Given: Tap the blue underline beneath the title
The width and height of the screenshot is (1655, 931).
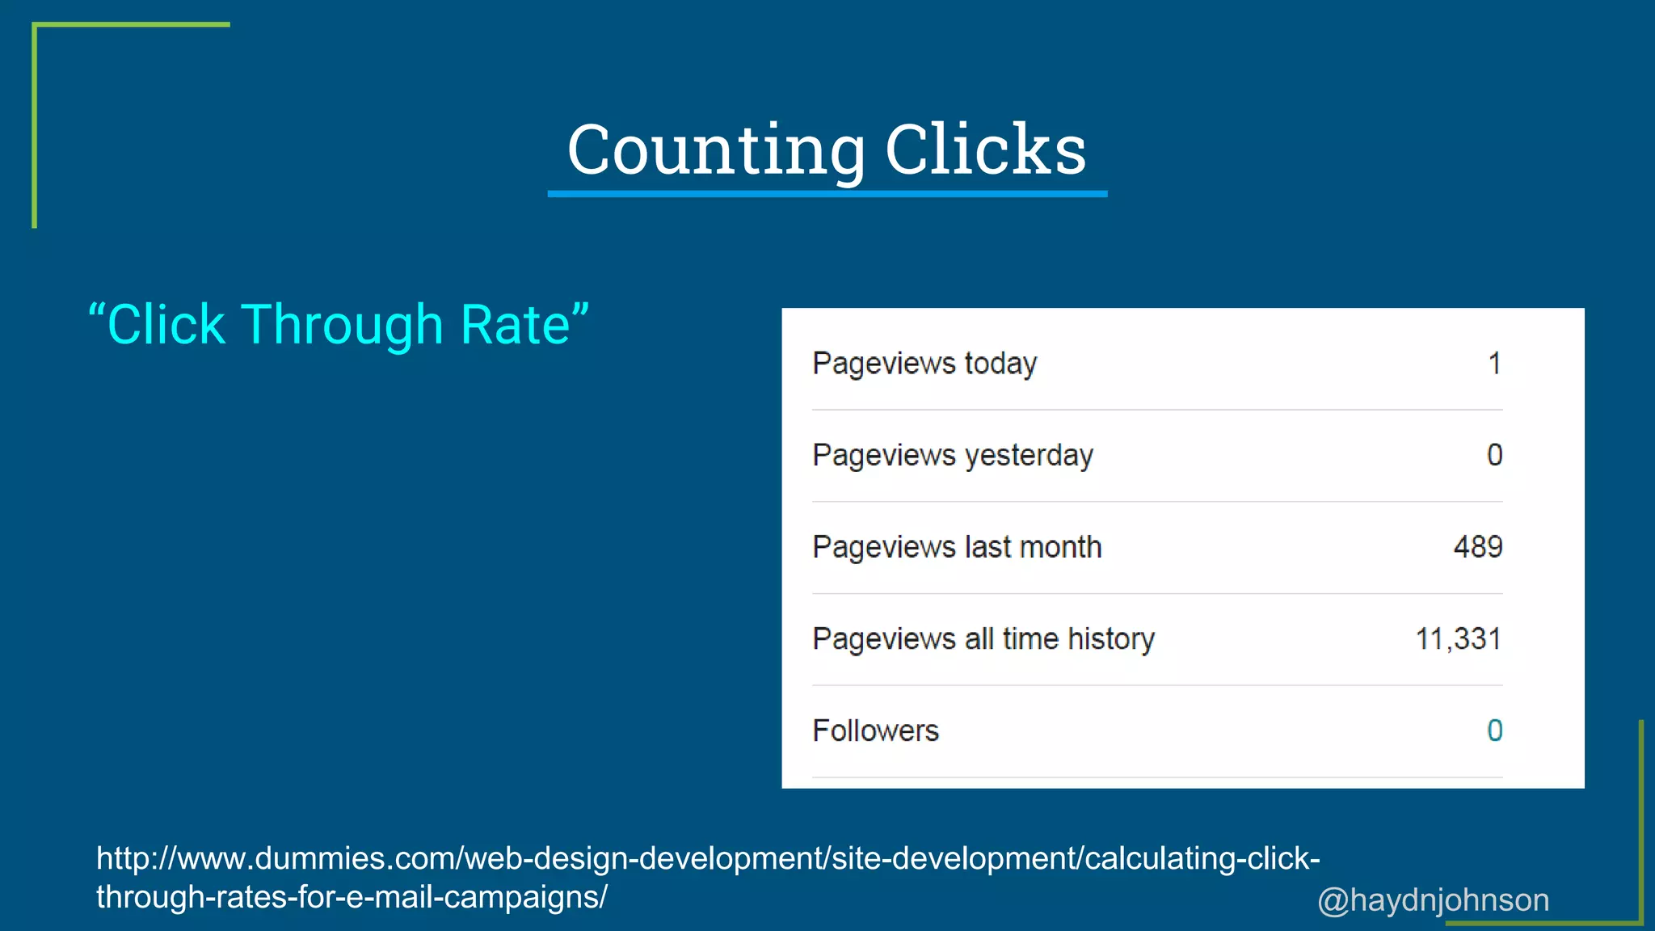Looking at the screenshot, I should point(827,194).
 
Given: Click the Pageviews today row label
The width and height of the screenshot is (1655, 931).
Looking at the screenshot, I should point(924,364).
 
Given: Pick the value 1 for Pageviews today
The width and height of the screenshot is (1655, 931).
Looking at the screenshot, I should point(1494,364).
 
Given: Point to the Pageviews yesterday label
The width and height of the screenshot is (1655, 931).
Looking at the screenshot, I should point(953,456).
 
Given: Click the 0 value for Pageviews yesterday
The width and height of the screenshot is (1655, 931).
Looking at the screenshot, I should point(1494,455).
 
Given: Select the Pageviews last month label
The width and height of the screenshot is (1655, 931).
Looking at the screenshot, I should point(957,547).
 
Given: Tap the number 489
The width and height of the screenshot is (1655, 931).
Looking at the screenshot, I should point(1477,547).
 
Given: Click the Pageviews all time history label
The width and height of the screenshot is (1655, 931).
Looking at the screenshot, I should point(983,639).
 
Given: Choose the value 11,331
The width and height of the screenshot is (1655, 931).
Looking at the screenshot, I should point(1458,639).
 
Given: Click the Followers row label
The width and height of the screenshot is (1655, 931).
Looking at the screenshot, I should point(875,731).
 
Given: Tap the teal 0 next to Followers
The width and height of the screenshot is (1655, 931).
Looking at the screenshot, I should point(1494,731).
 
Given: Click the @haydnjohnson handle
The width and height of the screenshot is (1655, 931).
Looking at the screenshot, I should point(1433,900).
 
